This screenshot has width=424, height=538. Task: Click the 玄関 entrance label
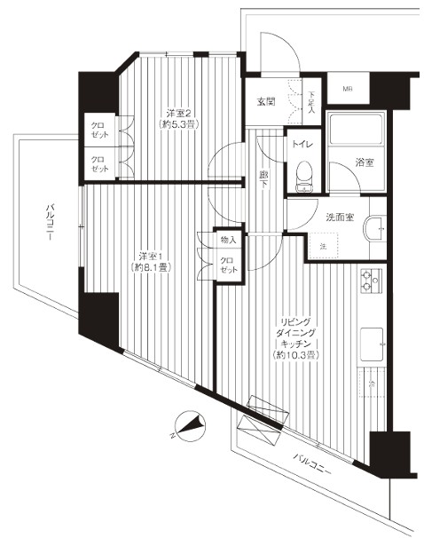point(265,101)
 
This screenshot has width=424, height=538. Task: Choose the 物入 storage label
point(229,240)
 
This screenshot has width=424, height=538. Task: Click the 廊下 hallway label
point(264,177)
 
